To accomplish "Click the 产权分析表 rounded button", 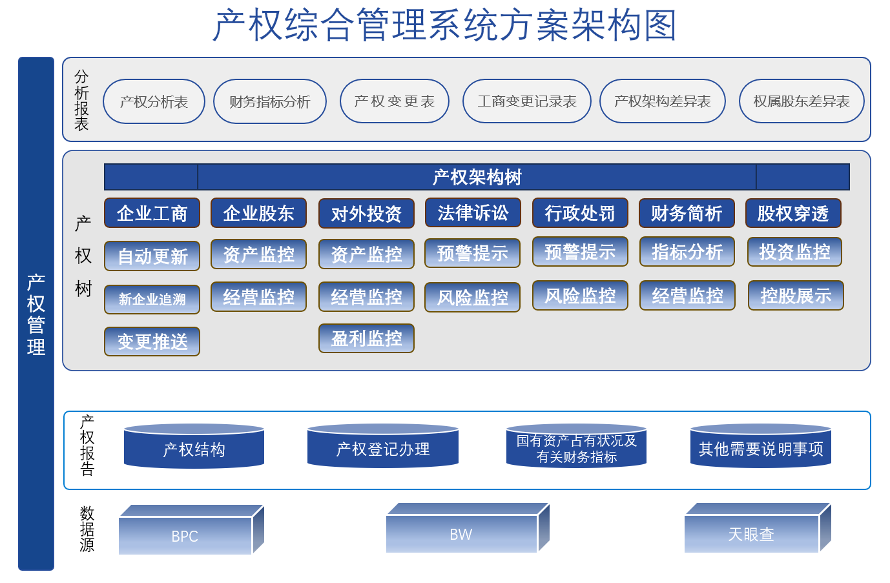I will point(154,101).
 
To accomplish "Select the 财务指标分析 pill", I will point(270,101).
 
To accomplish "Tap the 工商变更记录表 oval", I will point(527,101).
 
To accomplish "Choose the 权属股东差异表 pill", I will point(802,101).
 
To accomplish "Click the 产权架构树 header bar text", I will point(477,177).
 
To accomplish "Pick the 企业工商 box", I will point(152,213).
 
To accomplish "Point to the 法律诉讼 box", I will point(473,213).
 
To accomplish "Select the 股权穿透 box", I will point(793,213).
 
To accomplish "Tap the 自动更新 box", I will point(152,256).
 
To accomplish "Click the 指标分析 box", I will point(687,252).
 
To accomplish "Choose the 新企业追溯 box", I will point(152,300).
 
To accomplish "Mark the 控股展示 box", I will point(796,296).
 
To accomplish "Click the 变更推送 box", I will point(152,342).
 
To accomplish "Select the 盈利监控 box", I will point(366,338).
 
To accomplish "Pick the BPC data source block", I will point(185,535).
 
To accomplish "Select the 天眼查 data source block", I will point(751,534).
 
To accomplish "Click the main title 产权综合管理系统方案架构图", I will point(445,26).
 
